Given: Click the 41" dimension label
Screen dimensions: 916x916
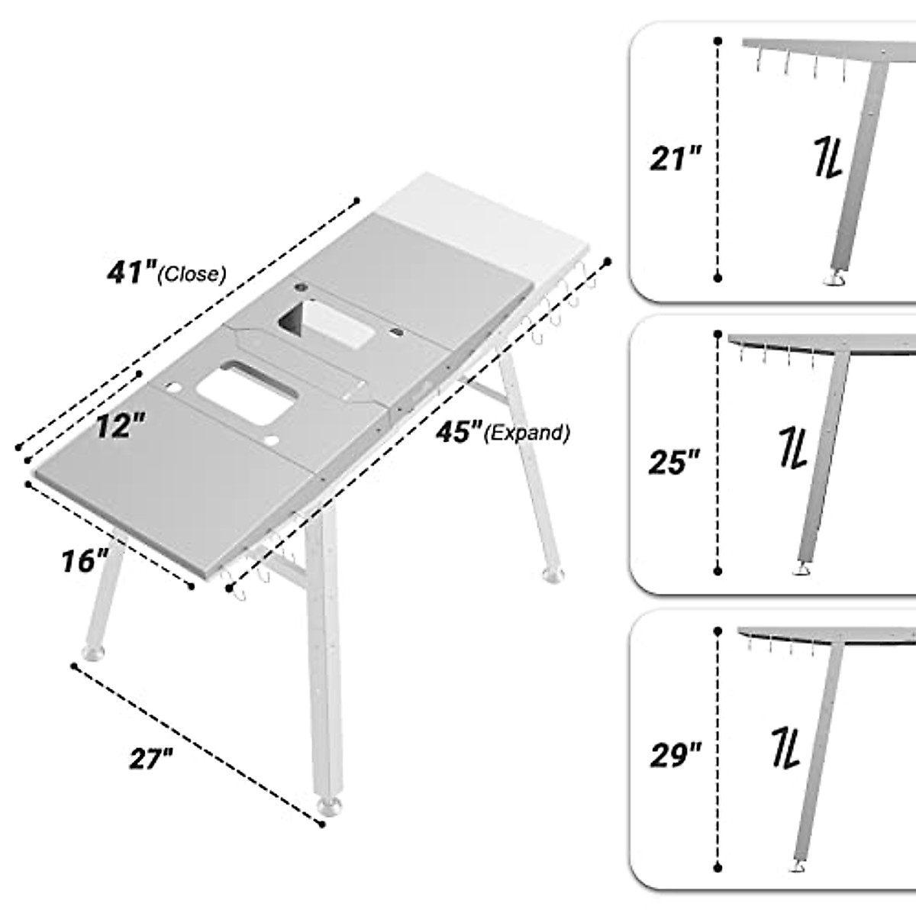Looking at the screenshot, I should pos(132,271).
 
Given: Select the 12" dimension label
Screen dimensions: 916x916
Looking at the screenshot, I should pos(121,426).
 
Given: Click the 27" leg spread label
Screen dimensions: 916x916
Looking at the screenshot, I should pos(150,760).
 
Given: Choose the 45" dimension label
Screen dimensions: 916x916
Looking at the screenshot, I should pos(460,432).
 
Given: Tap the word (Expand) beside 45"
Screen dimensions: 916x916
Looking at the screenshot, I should pos(529,434).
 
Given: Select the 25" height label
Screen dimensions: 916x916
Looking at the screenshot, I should pos(675,462).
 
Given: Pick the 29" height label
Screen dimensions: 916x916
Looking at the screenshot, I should pos(676,756).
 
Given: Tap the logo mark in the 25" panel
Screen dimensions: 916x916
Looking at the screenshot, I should pos(794,448).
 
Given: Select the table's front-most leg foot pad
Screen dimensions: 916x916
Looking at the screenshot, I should pos(329,808).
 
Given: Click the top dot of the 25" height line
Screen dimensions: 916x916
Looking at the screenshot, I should pos(718,334).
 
